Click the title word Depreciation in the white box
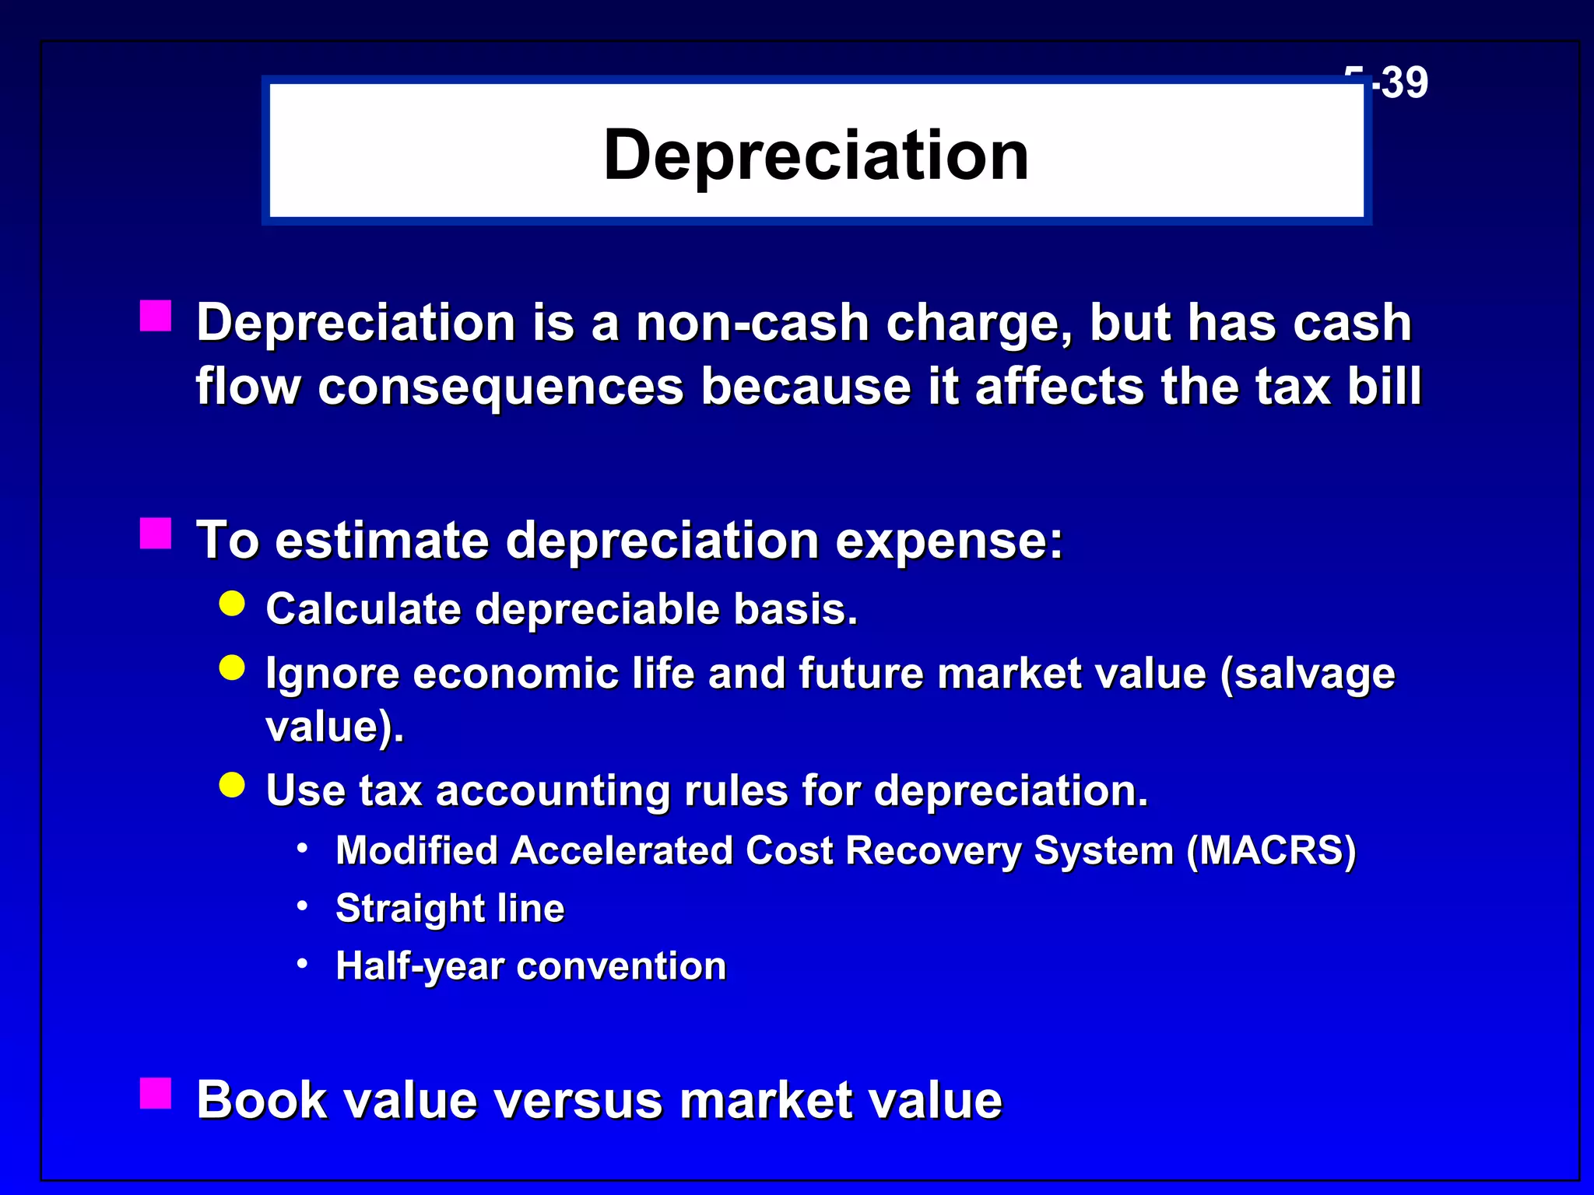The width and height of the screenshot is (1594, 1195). coord(816,156)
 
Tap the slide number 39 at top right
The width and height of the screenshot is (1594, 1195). coord(1405,82)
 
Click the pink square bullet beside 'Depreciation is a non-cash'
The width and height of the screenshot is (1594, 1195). coord(156,317)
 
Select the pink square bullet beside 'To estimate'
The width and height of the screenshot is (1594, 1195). coord(156,534)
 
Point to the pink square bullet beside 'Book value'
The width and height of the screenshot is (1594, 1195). coord(156,1093)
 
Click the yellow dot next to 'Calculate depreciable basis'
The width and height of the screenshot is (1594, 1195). coord(232,603)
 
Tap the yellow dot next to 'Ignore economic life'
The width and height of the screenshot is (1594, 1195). coord(232,668)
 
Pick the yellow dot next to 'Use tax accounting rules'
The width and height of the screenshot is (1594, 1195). coord(232,785)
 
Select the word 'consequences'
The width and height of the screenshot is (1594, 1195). coord(500,387)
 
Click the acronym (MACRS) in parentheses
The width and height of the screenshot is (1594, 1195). coord(1271,850)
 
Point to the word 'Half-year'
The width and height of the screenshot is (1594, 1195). coord(420,967)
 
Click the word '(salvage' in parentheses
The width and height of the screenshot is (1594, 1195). coord(1308,674)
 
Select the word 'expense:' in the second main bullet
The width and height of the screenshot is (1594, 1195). coord(949,540)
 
